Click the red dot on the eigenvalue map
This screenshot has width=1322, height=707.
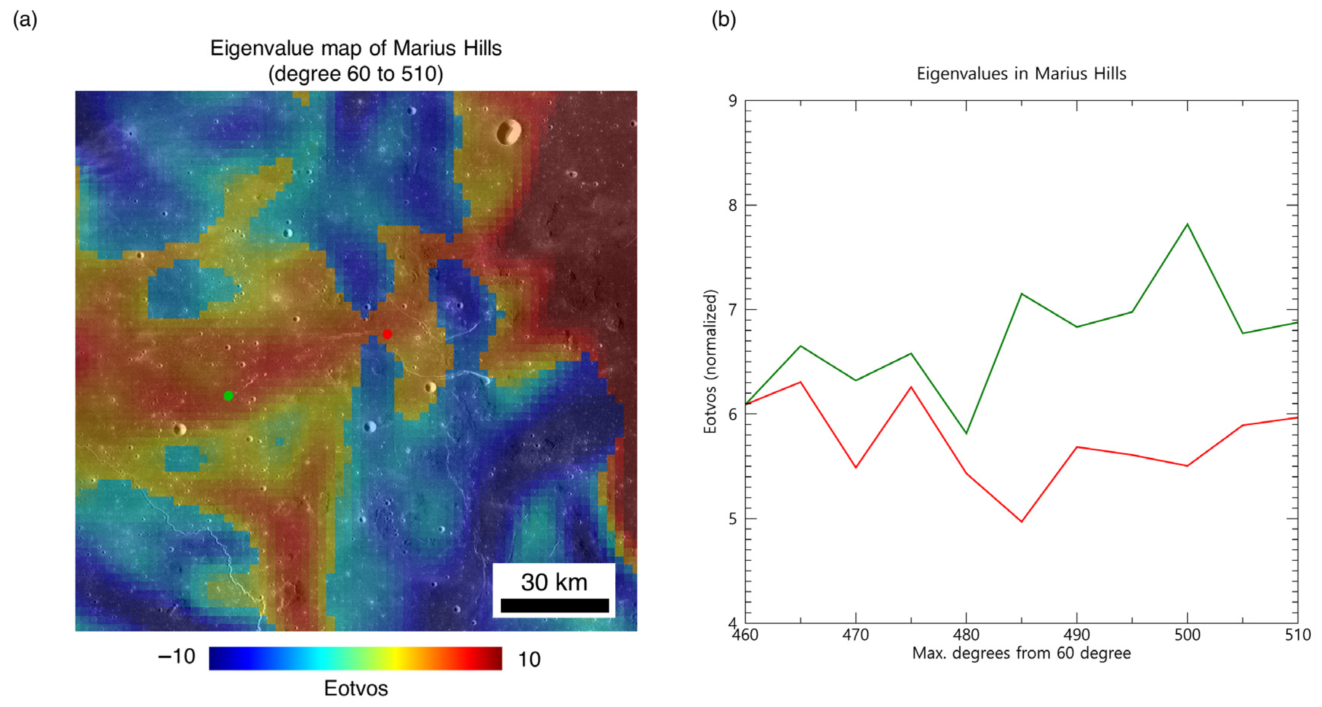coord(387,334)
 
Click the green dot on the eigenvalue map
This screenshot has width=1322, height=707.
coord(228,395)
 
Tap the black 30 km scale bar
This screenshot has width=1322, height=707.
coord(554,605)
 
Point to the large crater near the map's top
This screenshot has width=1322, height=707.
coord(509,132)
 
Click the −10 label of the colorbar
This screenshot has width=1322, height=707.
coord(176,657)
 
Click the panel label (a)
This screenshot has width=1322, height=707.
coord(25,20)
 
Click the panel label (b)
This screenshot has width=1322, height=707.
coord(723,20)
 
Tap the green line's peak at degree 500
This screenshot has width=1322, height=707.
coord(1187,224)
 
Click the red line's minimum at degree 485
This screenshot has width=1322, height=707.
coord(1022,522)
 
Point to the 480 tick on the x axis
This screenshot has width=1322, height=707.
coord(966,635)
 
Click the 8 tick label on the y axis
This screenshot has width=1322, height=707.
coord(732,205)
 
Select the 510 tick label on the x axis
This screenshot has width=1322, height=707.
coord(1297,635)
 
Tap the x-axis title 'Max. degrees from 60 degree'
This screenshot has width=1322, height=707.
coord(1021,654)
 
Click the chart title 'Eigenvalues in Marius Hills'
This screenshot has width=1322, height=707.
coord(1021,74)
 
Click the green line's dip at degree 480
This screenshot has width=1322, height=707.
coord(966,433)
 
